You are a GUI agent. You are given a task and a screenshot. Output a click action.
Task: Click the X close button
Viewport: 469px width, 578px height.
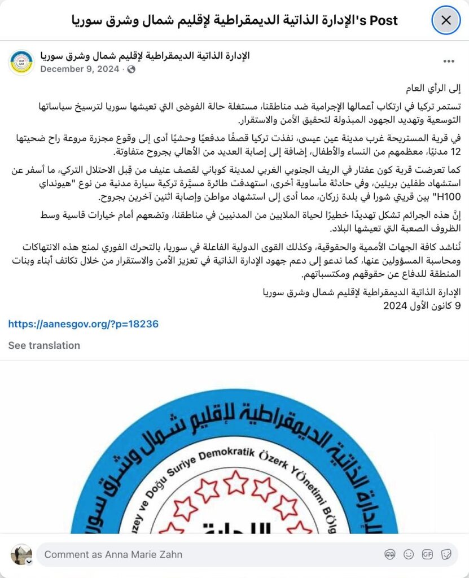446,21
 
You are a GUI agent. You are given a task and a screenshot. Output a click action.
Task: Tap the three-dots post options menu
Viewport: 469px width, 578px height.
449,62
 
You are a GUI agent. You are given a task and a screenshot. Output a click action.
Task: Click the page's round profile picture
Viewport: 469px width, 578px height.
21,62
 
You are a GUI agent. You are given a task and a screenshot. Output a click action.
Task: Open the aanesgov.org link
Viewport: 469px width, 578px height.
83,324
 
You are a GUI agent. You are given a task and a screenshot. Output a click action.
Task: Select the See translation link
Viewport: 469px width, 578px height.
44,345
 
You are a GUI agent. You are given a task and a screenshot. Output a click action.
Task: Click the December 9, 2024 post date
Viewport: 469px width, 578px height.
80,69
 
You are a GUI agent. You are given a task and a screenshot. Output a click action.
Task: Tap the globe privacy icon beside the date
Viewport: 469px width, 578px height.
132,69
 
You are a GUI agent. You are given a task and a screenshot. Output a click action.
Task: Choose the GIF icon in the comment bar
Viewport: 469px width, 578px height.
427,554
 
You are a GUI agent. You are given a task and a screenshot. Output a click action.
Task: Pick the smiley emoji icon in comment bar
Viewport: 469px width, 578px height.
409,554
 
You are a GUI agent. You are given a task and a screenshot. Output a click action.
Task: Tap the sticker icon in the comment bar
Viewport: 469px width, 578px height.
446,554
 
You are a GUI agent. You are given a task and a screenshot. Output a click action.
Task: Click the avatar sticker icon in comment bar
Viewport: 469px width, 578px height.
389,554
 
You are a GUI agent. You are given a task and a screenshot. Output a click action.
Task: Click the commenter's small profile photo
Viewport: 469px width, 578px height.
21,554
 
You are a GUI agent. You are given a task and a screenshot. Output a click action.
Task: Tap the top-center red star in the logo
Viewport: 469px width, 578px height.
235,482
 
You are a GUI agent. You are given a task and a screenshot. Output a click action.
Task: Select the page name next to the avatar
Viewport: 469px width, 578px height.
145,55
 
